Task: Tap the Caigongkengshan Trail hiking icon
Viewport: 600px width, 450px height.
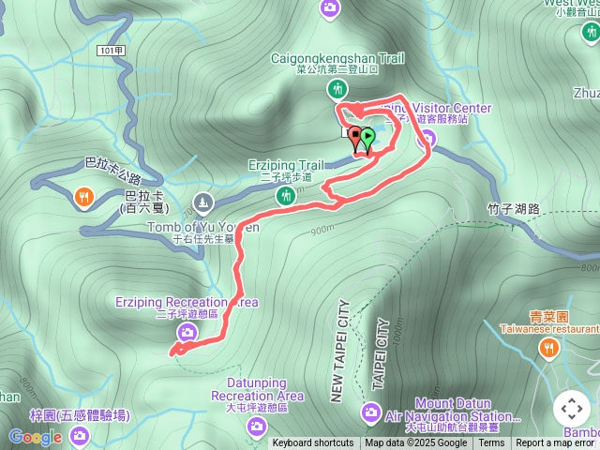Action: click(x=337, y=89)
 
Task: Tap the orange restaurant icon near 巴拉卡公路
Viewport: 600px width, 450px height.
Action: click(x=83, y=197)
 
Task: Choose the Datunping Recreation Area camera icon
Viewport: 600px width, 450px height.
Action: click(x=256, y=427)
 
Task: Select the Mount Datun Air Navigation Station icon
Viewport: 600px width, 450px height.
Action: click(x=371, y=412)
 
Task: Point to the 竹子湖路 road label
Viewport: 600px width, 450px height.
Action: click(x=515, y=209)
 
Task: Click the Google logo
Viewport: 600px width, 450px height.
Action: click(x=36, y=437)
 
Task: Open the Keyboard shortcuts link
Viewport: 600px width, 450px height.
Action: click(x=313, y=443)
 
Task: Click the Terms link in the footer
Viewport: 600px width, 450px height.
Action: click(x=491, y=443)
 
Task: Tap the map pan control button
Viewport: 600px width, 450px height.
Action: click(x=571, y=409)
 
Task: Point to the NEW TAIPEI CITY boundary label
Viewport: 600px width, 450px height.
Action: click(x=339, y=351)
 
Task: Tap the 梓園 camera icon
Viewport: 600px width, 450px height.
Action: click(x=79, y=434)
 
